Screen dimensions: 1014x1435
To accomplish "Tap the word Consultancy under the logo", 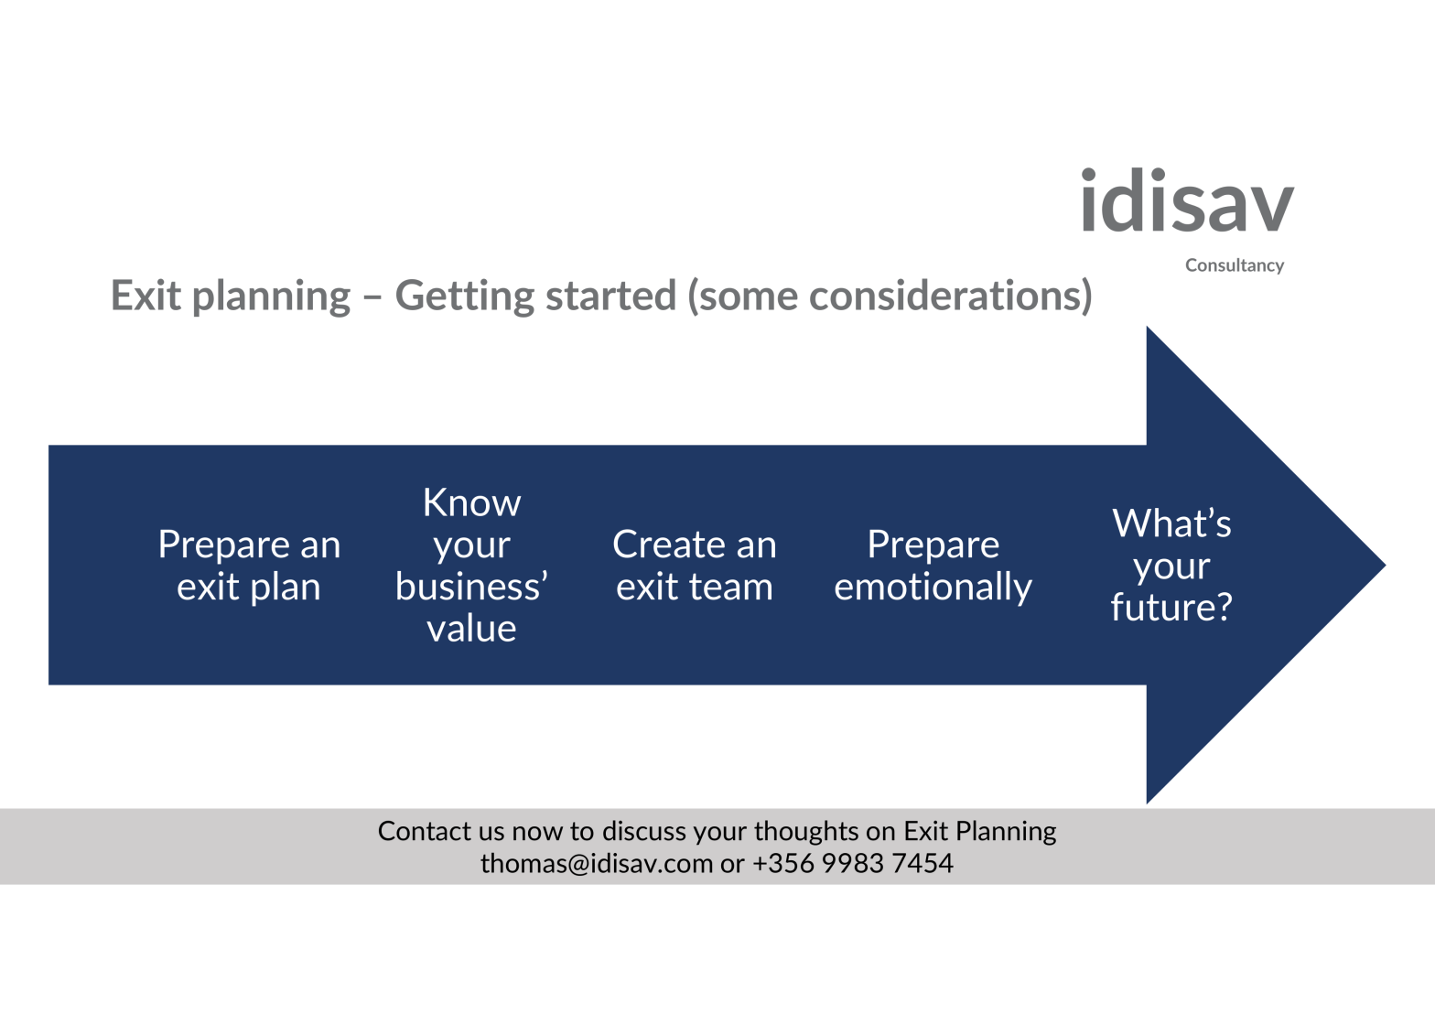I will (x=1235, y=265).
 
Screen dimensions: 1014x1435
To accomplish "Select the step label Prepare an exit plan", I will (x=249, y=566).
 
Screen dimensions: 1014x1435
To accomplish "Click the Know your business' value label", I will (x=471, y=566).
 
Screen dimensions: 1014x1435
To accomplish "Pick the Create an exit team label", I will (x=695, y=566).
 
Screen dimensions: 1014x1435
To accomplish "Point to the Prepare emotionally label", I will (x=933, y=566).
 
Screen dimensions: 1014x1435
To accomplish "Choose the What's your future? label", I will (x=1171, y=566).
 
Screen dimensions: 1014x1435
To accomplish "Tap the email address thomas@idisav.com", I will (x=597, y=863).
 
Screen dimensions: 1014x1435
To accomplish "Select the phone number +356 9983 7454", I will (x=853, y=863).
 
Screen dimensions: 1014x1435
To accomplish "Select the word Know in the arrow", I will (x=471, y=502).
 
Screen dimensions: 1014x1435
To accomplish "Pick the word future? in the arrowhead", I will (x=1171, y=608).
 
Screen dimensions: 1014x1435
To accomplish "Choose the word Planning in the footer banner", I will (x=1006, y=832).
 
